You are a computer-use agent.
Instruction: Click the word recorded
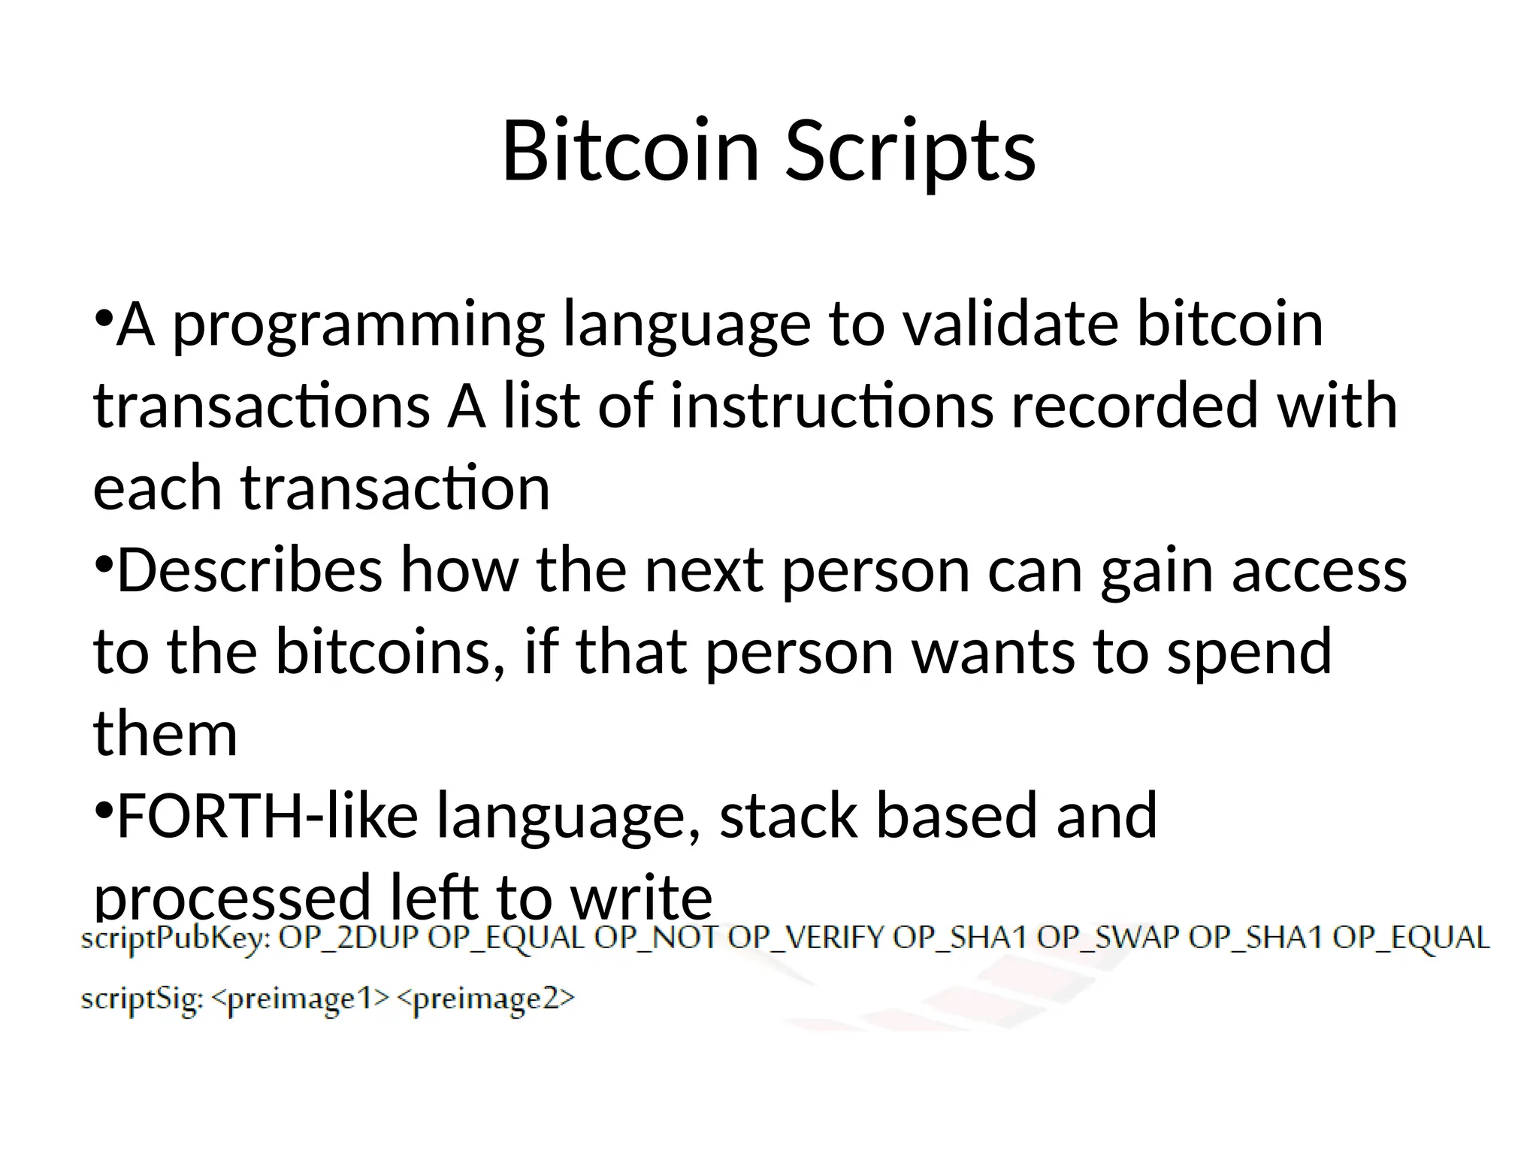pos(1134,406)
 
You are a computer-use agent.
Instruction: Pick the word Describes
pos(249,569)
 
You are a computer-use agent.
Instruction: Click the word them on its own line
pos(165,733)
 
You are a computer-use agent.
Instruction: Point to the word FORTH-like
pos(268,815)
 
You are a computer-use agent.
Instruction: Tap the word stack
pos(788,815)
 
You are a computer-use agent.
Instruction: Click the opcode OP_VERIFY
pos(806,938)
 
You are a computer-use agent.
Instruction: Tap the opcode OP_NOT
pos(657,938)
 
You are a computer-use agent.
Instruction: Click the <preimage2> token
pos(485,999)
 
